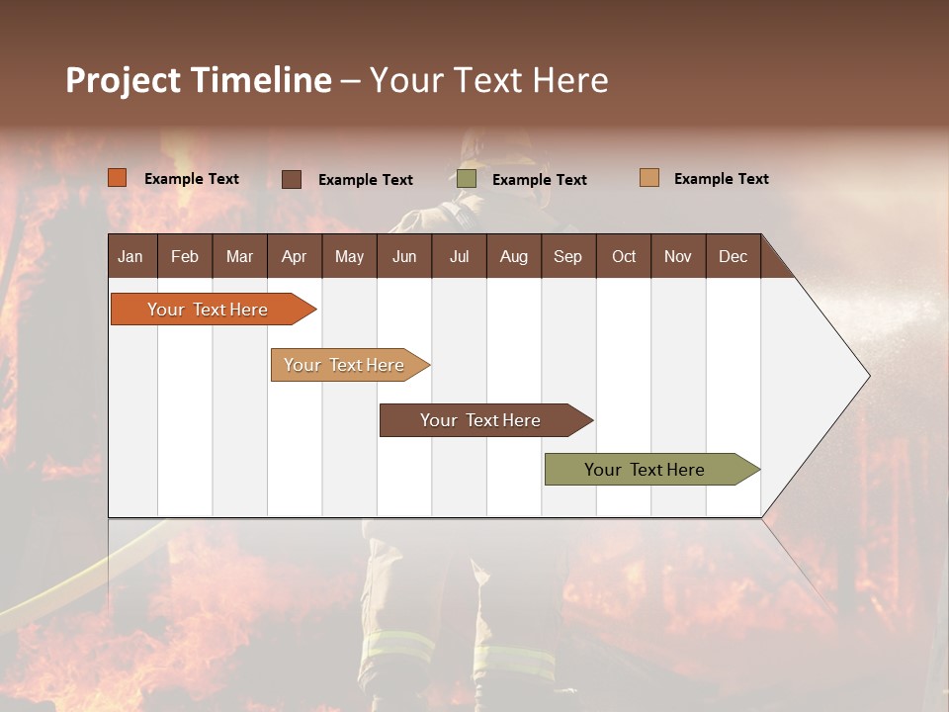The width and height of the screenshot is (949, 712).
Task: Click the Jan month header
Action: click(131, 256)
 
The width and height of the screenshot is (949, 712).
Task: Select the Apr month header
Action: click(295, 256)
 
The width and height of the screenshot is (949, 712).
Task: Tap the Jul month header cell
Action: click(459, 256)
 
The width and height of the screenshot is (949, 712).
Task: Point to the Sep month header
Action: click(568, 256)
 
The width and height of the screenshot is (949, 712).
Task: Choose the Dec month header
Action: click(733, 256)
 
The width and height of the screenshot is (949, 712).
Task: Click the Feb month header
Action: click(185, 256)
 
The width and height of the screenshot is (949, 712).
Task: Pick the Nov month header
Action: click(678, 256)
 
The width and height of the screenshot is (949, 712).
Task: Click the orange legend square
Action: click(118, 178)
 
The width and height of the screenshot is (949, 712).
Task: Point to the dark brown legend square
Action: click(292, 179)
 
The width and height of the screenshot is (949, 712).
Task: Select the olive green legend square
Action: click(467, 179)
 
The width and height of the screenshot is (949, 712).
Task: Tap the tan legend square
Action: click(649, 178)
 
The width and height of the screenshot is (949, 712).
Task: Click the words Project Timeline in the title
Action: click(199, 80)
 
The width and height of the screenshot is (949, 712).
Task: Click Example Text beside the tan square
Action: click(721, 179)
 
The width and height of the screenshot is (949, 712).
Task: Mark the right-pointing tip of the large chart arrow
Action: click(867, 376)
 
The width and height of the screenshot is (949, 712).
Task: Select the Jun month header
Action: click(404, 256)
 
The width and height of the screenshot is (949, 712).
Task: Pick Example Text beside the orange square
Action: click(191, 179)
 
